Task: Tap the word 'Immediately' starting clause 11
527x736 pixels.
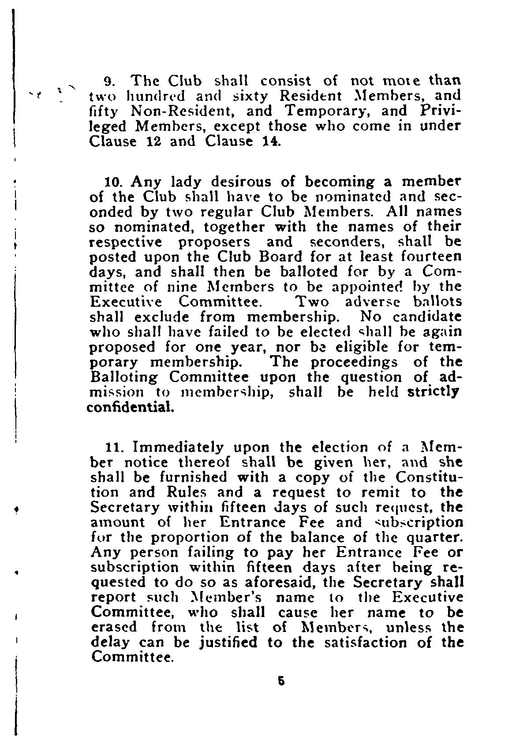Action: pyautogui.click(x=179, y=448)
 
